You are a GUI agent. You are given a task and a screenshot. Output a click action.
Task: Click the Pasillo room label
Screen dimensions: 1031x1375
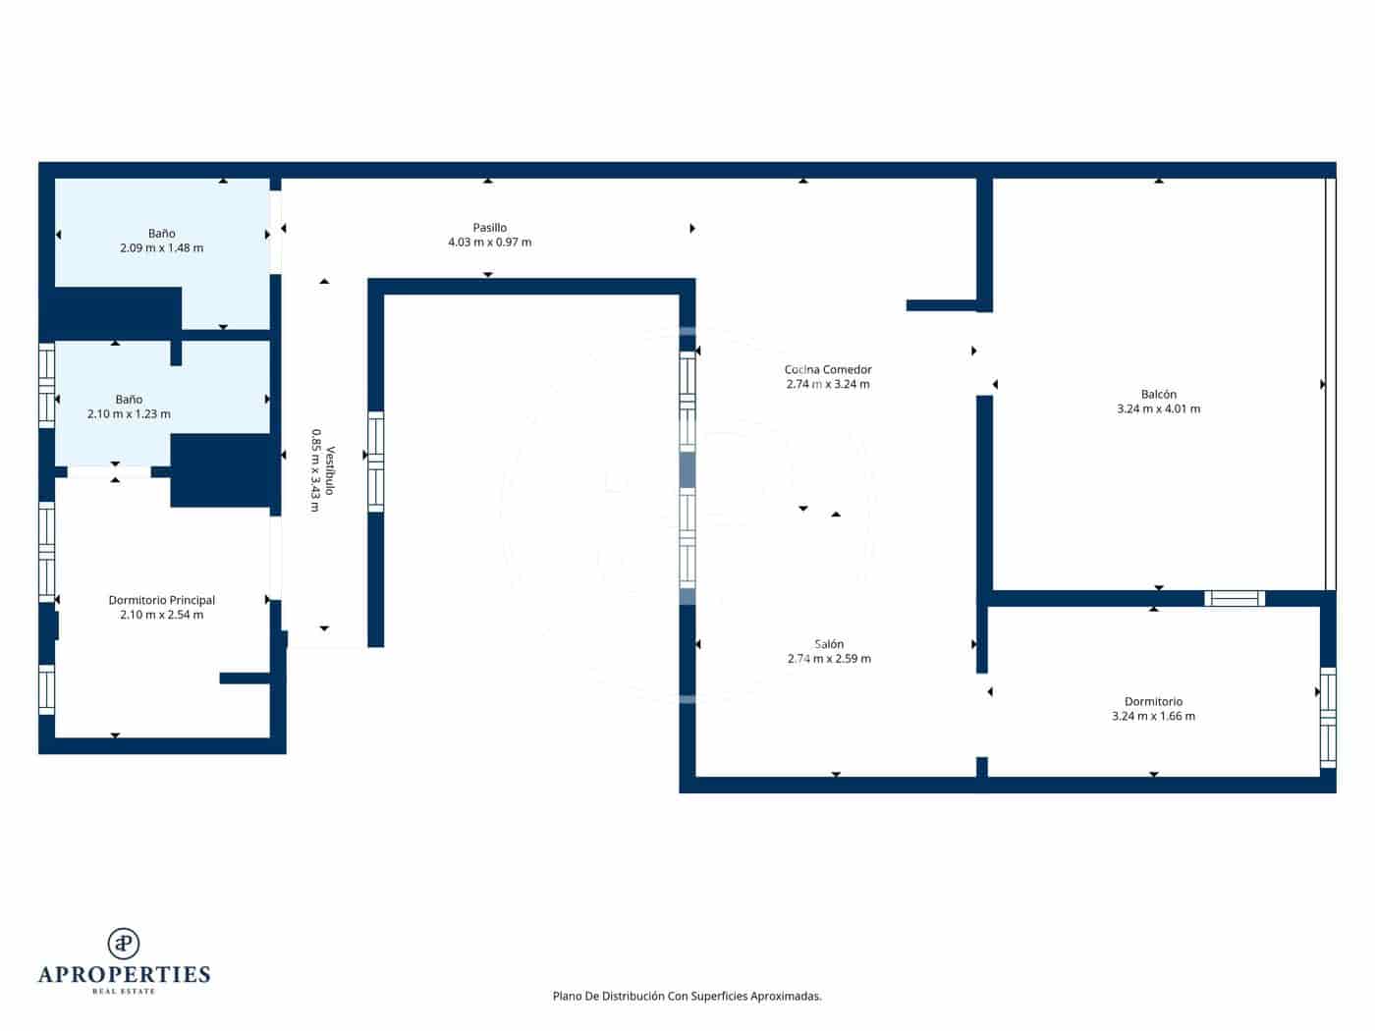pyautogui.click(x=489, y=228)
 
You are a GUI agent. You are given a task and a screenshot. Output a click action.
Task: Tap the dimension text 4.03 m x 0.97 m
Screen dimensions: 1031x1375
pyautogui.click(x=489, y=243)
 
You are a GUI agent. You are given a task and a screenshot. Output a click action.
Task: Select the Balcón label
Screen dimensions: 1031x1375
pyautogui.click(x=1158, y=395)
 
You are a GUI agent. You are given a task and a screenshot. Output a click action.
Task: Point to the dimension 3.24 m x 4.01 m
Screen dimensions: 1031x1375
pyautogui.click(x=1158, y=409)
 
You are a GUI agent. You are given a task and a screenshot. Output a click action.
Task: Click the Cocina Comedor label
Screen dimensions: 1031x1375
pyautogui.click(x=828, y=370)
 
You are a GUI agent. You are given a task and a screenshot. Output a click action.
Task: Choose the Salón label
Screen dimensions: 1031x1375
pyautogui.click(x=829, y=644)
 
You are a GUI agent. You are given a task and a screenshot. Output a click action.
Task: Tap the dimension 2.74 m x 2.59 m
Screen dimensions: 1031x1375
pyautogui.click(x=829, y=659)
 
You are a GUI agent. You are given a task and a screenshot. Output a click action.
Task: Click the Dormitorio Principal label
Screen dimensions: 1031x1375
pyautogui.click(x=162, y=600)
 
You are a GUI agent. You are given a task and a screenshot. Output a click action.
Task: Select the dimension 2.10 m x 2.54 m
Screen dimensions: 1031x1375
pyautogui.click(x=162, y=615)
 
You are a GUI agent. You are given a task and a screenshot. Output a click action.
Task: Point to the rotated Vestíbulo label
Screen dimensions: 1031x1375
pyautogui.click(x=331, y=470)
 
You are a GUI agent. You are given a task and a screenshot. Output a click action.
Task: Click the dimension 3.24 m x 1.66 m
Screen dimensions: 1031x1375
pyautogui.click(x=1153, y=717)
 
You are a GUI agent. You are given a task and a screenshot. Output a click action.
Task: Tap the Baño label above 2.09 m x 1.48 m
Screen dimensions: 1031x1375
pyautogui.click(x=162, y=234)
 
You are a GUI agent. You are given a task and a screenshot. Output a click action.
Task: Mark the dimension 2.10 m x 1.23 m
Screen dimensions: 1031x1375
pyautogui.click(x=129, y=414)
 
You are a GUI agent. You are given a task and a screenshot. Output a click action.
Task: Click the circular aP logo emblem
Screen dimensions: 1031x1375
pyautogui.click(x=124, y=944)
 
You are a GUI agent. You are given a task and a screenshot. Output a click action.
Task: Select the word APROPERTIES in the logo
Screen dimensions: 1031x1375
pyautogui.click(x=124, y=974)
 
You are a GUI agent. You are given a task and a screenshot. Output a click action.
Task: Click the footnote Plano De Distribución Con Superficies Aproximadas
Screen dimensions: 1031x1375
pyautogui.click(x=687, y=996)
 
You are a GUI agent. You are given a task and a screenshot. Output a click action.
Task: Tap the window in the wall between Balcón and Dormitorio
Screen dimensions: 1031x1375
pyautogui.click(x=1235, y=598)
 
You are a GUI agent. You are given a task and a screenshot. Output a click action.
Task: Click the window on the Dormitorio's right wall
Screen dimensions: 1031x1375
pyautogui.click(x=1328, y=717)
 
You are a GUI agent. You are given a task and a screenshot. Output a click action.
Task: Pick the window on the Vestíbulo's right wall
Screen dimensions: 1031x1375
pyautogui.click(x=375, y=461)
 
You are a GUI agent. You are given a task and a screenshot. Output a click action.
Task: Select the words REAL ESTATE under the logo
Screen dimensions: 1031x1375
pyautogui.click(x=124, y=992)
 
